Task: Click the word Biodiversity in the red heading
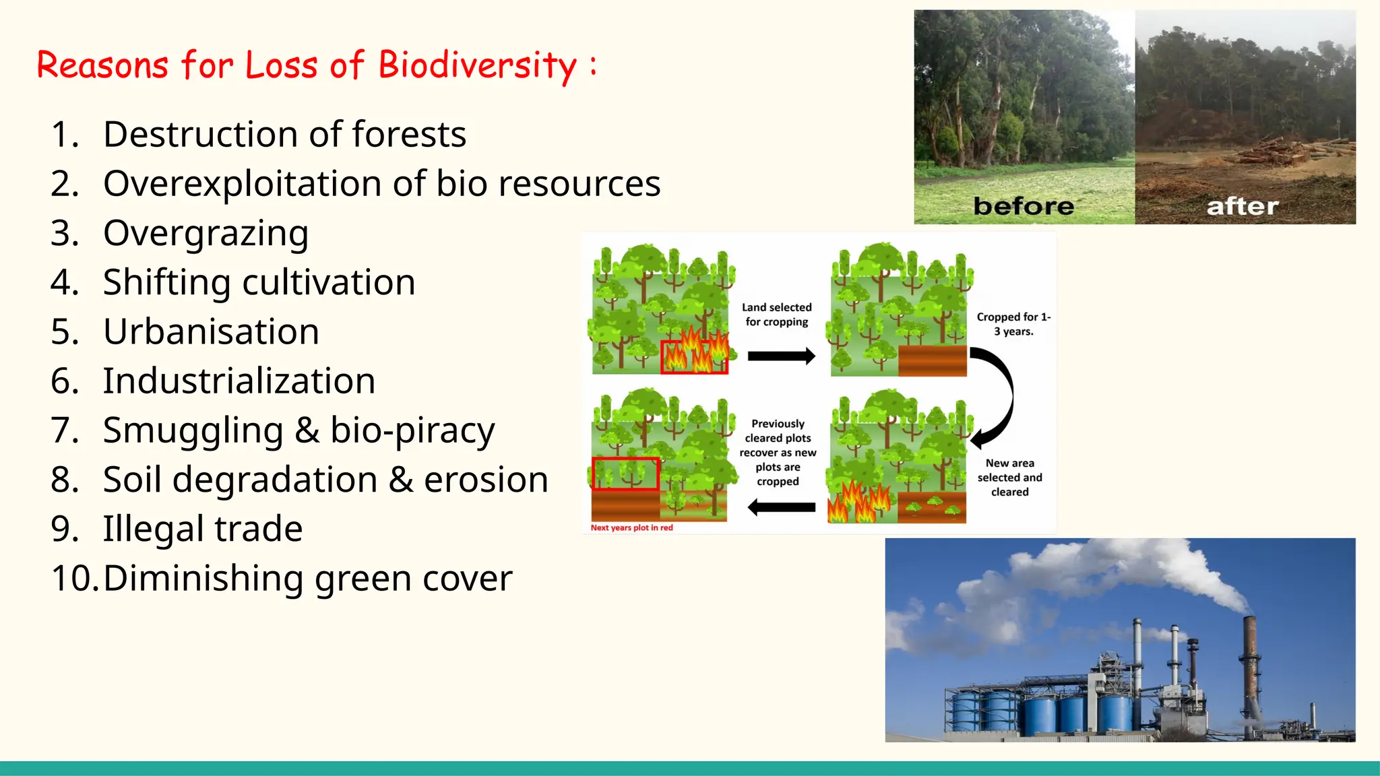[477, 65]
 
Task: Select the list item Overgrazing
[206, 233]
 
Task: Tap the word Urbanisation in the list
[211, 331]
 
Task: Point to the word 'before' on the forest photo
[1023, 205]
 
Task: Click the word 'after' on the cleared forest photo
[1242, 206]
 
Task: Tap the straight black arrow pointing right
[781, 356]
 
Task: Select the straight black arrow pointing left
[781, 507]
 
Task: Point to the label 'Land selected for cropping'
[777, 315]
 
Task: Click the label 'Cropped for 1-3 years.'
[1013, 324]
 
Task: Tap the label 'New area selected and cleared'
[1009, 478]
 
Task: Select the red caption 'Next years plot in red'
[631, 527]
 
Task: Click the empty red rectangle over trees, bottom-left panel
[625, 474]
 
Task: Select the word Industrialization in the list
[239, 381]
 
